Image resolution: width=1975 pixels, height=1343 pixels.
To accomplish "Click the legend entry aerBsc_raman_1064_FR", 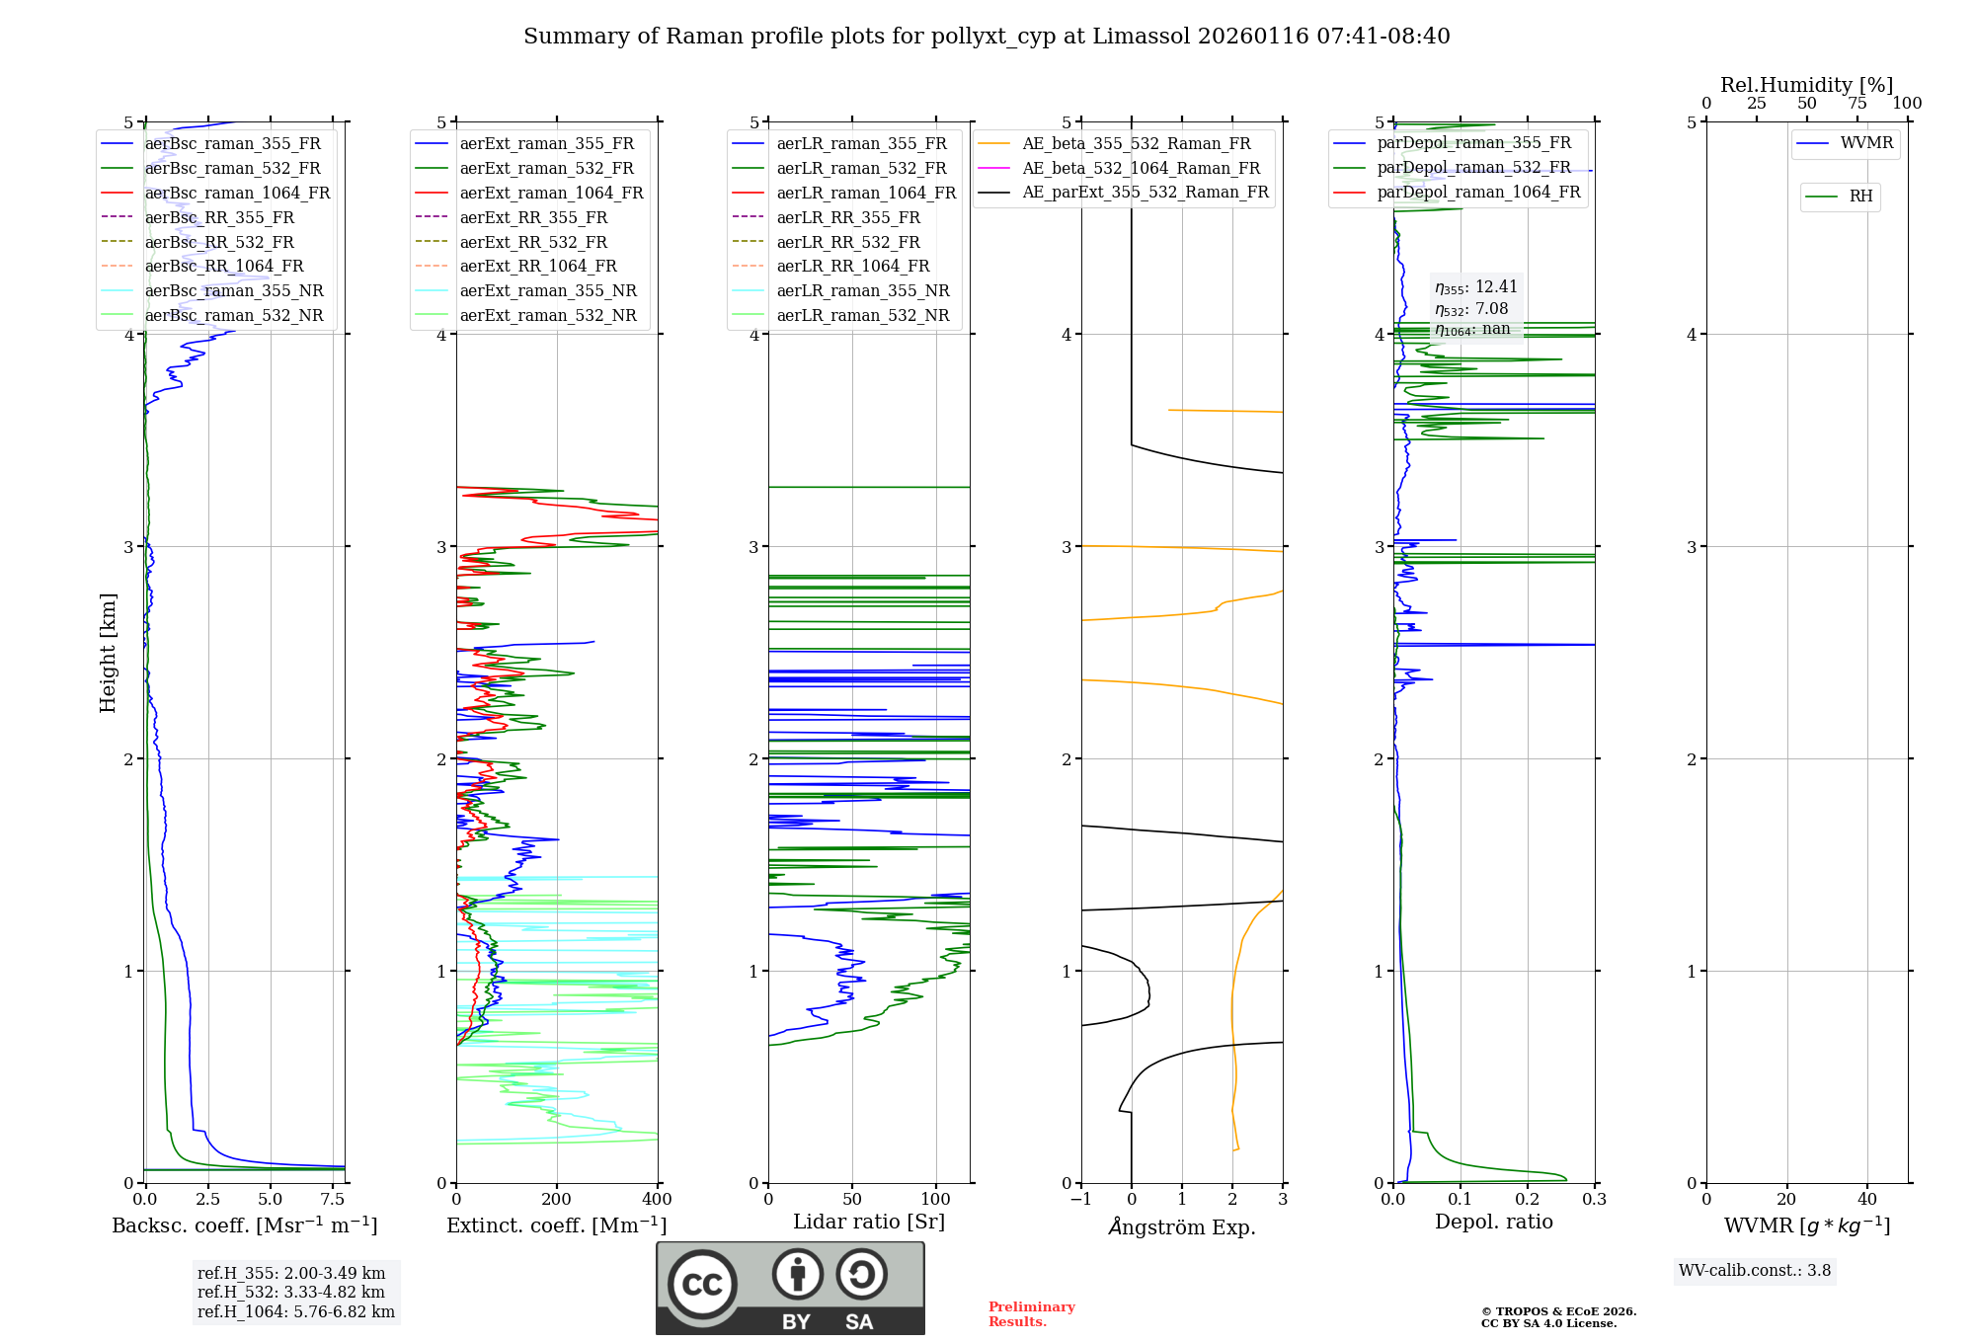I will pos(237,193).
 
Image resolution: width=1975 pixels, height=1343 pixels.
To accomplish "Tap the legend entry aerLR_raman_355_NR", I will pos(862,290).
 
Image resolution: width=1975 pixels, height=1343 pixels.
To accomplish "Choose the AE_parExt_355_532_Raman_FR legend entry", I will pos(1145,192).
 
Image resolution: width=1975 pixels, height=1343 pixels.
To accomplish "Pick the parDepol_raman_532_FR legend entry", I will pos(1473,168).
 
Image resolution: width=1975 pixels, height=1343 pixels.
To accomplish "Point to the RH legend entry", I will pos(1860,197).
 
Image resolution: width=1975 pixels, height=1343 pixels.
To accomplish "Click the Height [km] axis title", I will pos(108,653).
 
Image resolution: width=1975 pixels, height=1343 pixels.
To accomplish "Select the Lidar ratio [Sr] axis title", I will pos(869,1222).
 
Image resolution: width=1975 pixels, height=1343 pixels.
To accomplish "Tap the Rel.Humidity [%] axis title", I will pos(1806,85).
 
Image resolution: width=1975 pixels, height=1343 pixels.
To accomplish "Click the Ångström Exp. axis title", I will pos(1182,1226).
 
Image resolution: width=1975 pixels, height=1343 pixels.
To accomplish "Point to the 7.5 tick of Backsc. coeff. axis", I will pos(333,1200).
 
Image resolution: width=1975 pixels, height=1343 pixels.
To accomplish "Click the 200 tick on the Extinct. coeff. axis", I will pos(557,1200).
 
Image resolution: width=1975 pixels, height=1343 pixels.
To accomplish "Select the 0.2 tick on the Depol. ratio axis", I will pos(1528,1200).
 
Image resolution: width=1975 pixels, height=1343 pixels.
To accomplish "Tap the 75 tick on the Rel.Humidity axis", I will pos(1856,104).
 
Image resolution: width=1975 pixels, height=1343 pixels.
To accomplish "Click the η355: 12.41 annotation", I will pos(1475,287).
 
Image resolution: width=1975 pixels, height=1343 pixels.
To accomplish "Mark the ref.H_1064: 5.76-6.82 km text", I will pos(296,1311).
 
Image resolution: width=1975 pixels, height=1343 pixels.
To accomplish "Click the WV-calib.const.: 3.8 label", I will pos(1755,1270).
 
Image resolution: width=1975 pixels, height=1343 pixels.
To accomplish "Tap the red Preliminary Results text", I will pos(1031,1313).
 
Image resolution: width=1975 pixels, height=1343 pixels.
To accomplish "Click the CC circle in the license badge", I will pos(702,1285).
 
